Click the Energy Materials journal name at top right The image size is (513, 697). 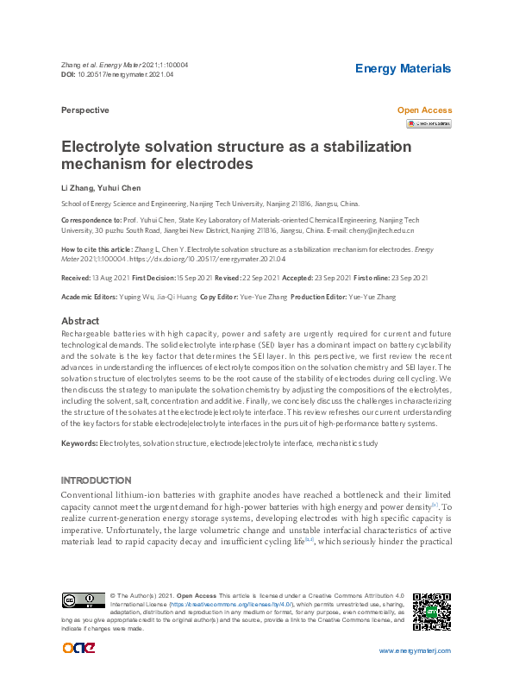pyautogui.click(x=403, y=69)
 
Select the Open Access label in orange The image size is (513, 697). pyautogui.click(x=423, y=110)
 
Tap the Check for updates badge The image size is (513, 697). pyautogui.click(x=429, y=124)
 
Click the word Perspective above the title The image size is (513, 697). pyautogui.click(x=85, y=110)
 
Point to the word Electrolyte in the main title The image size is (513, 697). pyautogui.click(x=103, y=147)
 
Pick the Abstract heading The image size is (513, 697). pyautogui.click(x=81, y=321)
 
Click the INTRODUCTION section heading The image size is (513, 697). pyautogui.click(x=96, y=480)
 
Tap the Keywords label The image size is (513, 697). pyautogui.click(x=79, y=443)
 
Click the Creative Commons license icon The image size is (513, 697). pyautogui.click(x=83, y=600)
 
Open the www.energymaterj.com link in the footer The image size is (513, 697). pyautogui.click(x=416, y=651)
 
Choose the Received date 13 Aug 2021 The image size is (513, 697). pyautogui.click(x=109, y=278)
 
